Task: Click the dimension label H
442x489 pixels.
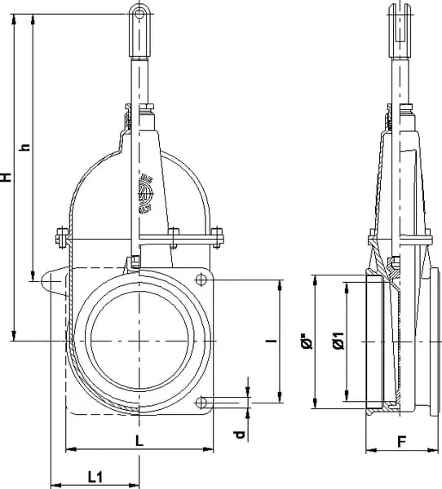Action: click(x=6, y=177)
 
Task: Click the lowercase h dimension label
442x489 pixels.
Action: click(x=24, y=148)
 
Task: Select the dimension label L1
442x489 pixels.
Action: click(x=95, y=477)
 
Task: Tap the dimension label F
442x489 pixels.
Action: click(x=402, y=442)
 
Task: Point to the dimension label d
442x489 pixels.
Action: click(x=240, y=434)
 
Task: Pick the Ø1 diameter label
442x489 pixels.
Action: click(x=338, y=341)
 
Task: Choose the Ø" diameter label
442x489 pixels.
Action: click(x=307, y=341)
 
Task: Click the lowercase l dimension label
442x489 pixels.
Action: click(x=272, y=341)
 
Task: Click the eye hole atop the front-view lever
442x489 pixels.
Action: click(x=139, y=14)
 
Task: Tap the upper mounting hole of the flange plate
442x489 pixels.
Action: click(x=201, y=280)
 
